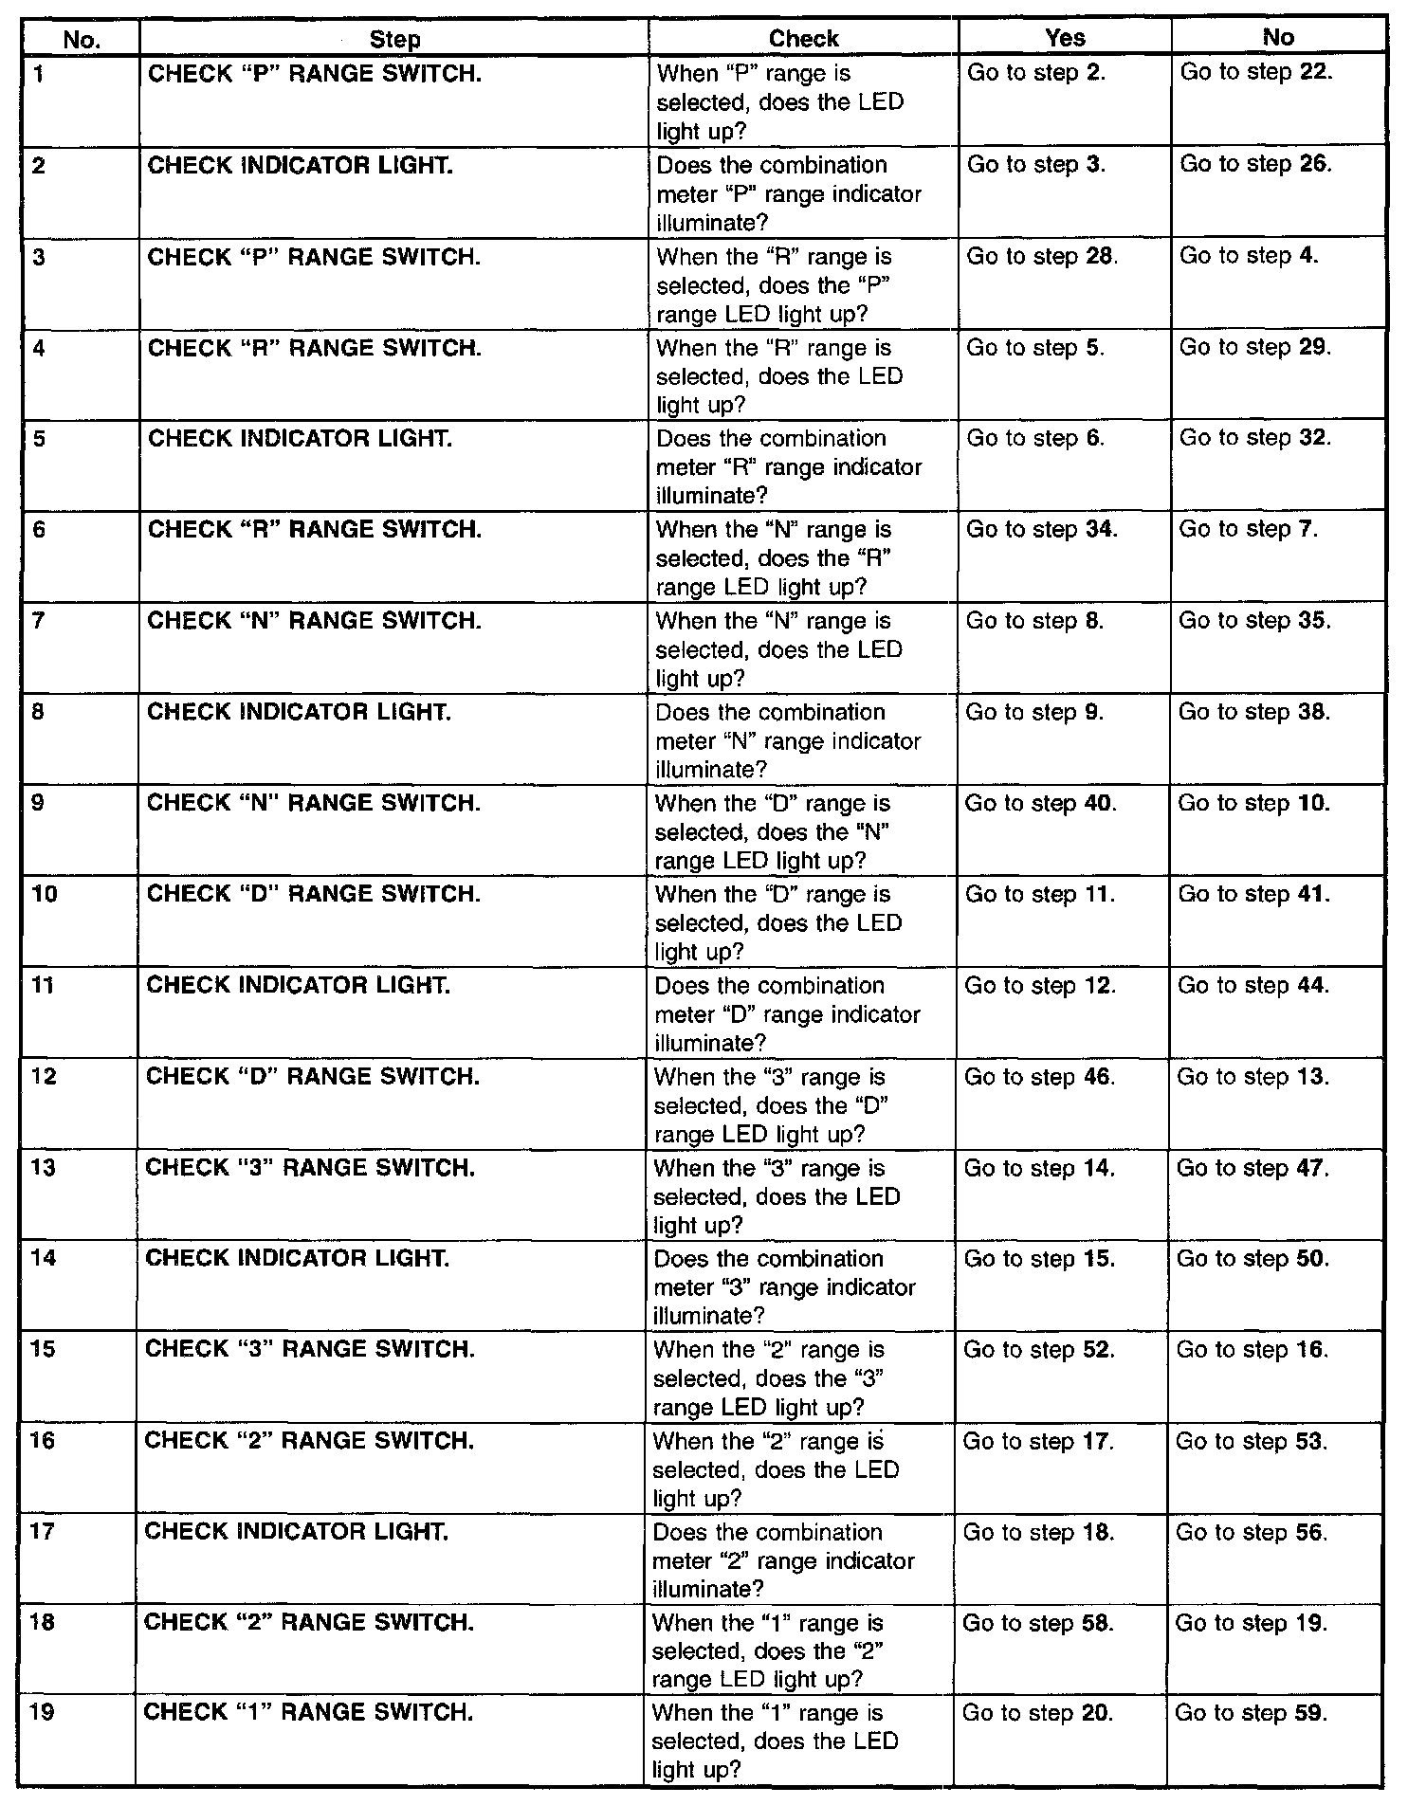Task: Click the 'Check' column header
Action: coord(803,38)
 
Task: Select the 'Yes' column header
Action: coord(1064,37)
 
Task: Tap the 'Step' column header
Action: coord(394,39)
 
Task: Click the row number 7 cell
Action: coord(39,621)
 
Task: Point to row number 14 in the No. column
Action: coord(44,1258)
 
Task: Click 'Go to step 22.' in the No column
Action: coord(1256,72)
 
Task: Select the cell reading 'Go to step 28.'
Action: coord(1042,256)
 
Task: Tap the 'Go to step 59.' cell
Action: coord(1251,1713)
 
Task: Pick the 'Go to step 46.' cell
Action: coord(1039,1077)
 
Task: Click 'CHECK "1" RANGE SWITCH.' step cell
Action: coord(308,1712)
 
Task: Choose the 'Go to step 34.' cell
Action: coord(1041,529)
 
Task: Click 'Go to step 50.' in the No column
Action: coord(1252,1258)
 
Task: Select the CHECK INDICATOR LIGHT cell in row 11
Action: coord(298,986)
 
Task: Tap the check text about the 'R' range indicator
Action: coord(789,466)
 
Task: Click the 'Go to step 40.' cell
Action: coord(1040,803)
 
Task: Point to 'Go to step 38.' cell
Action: coord(1253,712)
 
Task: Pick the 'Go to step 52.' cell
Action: coord(1038,1349)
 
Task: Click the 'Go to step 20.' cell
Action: coord(1037,1713)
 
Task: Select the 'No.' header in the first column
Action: coord(82,39)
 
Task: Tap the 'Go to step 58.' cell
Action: coord(1037,1622)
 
